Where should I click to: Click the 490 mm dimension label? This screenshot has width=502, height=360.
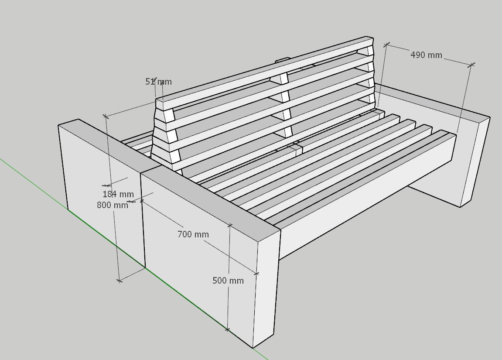click(426, 55)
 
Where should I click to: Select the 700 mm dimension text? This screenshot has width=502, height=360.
click(193, 234)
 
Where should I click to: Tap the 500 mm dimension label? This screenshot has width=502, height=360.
click(228, 281)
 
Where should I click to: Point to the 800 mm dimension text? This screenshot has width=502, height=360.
click(113, 205)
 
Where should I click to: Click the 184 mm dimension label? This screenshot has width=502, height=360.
click(118, 194)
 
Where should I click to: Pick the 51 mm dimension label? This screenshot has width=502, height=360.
click(158, 82)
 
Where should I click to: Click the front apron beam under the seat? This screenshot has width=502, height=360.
click(365, 199)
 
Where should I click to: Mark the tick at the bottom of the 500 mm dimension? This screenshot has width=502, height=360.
click(227, 329)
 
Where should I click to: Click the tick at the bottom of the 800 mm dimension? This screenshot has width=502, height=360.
click(119, 281)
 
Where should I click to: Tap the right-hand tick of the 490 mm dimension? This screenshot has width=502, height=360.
click(471, 65)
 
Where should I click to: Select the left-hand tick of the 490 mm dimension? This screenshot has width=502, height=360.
click(387, 45)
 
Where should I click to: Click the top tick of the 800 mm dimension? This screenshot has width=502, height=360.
click(106, 116)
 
